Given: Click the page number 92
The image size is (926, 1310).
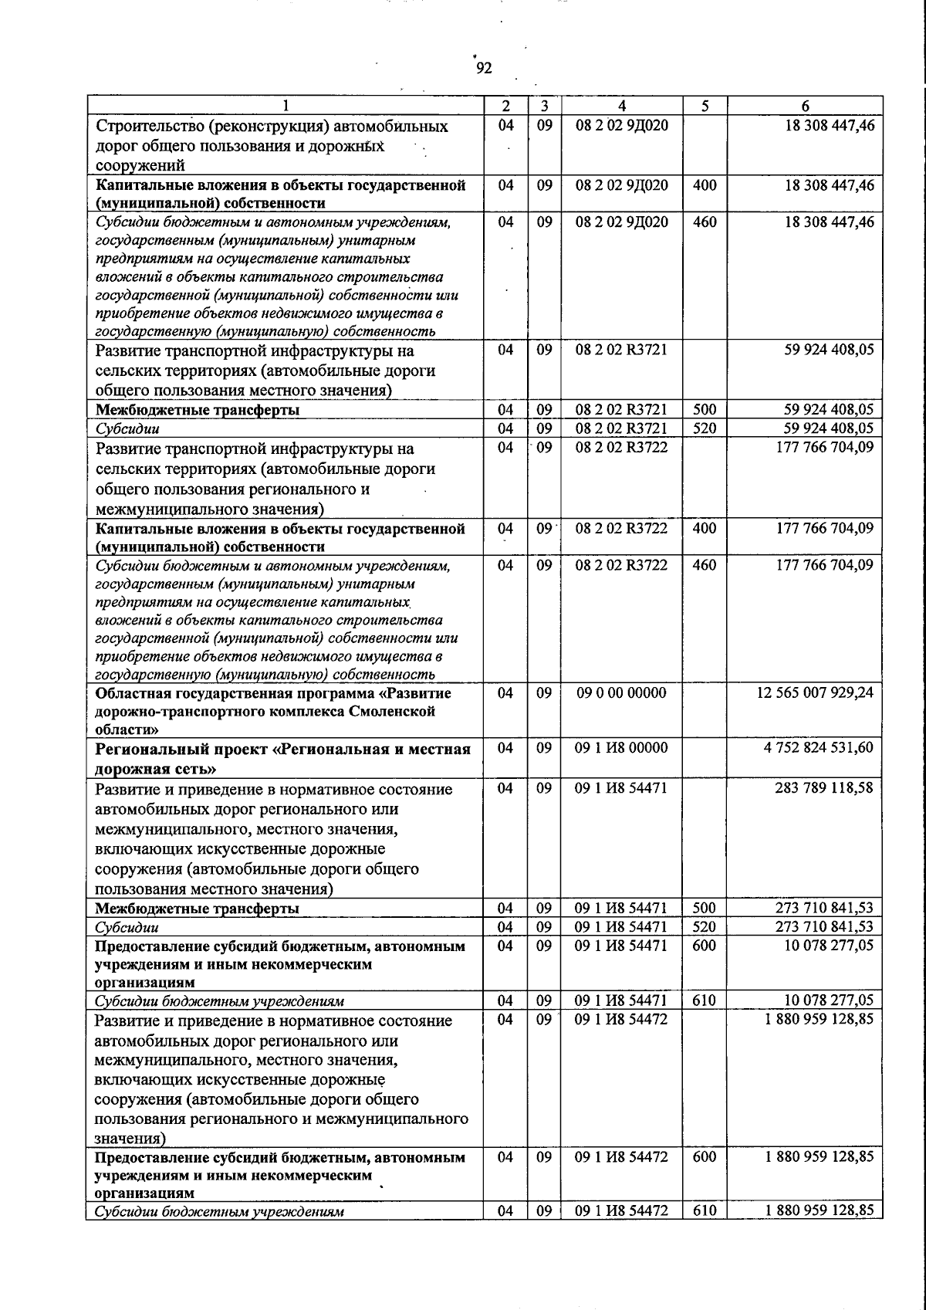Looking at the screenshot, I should [483, 69].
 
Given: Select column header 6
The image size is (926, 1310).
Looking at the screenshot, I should [805, 107].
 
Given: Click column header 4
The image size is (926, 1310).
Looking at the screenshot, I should [622, 107].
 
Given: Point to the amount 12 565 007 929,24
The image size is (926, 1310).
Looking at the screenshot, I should [816, 693].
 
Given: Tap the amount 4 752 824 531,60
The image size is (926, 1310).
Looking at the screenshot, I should [820, 748].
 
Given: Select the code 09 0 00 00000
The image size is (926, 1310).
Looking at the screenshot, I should [622, 693].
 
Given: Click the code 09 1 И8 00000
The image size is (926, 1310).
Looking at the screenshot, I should [622, 748].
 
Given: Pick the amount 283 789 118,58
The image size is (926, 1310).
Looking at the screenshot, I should [824, 788].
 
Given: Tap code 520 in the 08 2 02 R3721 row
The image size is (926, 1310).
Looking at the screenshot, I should [705, 428].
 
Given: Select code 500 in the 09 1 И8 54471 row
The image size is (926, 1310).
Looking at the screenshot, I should [705, 909].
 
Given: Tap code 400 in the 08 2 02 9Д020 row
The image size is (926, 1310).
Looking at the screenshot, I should [705, 185].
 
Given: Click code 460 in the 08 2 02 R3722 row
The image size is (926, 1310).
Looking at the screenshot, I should [705, 565].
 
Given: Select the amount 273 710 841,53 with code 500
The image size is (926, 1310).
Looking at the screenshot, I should [824, 909].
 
